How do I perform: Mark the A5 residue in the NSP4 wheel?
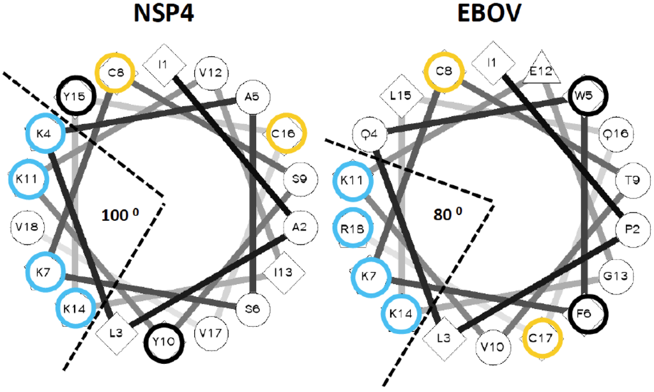(254, 97)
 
